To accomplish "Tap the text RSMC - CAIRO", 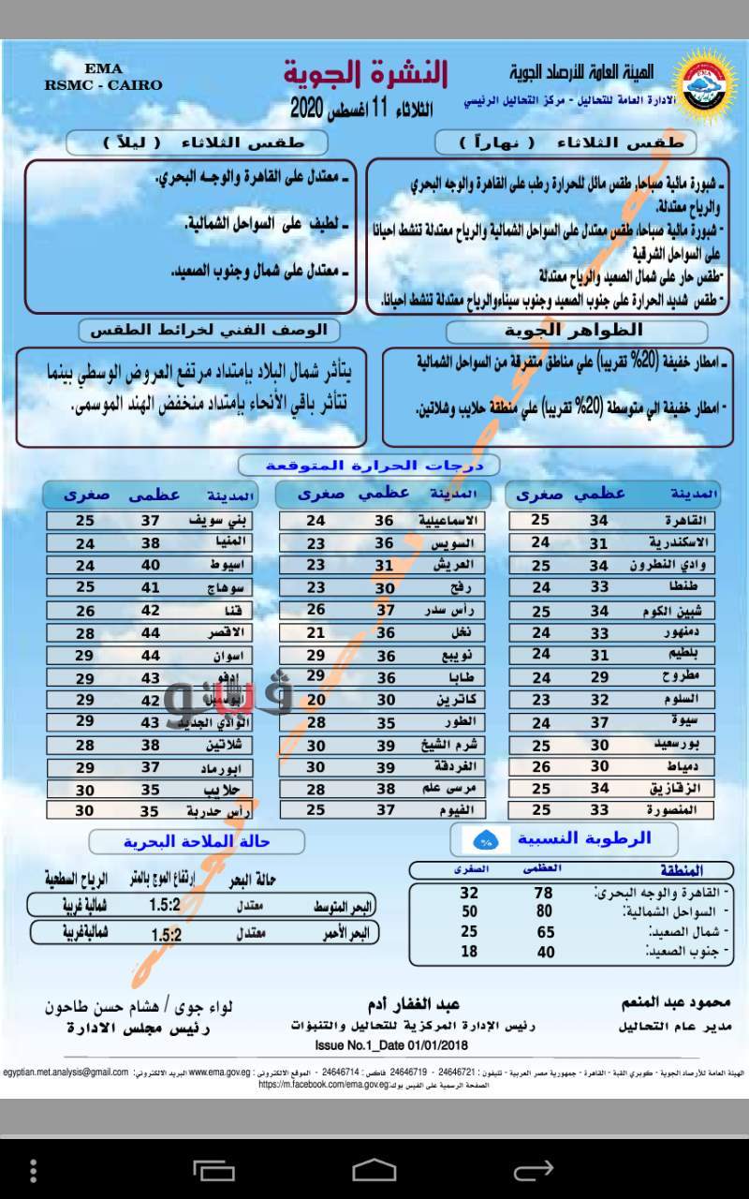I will click(x=103, y=85).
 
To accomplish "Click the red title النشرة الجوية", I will click(x=365, y=73).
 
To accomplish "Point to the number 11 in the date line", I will click(x=379, y=108).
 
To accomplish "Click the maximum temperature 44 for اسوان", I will click(x=151, y=655).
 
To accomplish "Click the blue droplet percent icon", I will click(x=486, y=839).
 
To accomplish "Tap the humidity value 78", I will click(x=544, y=894).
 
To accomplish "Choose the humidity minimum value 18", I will click(x=469, y=952).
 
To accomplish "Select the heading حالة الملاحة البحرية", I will click(x=196, y=842).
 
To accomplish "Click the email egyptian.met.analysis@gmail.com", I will click(x=65, y=1072).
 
